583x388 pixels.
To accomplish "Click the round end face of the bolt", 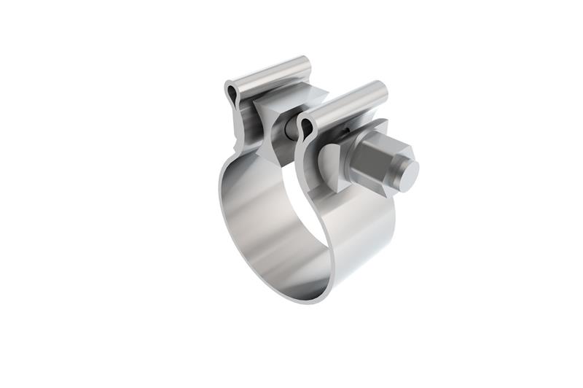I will coord(407,172).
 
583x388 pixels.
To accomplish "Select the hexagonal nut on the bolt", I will coord(373,161).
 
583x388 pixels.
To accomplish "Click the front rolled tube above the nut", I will coord(343,103).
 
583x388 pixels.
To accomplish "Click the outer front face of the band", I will coord(364,241).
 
